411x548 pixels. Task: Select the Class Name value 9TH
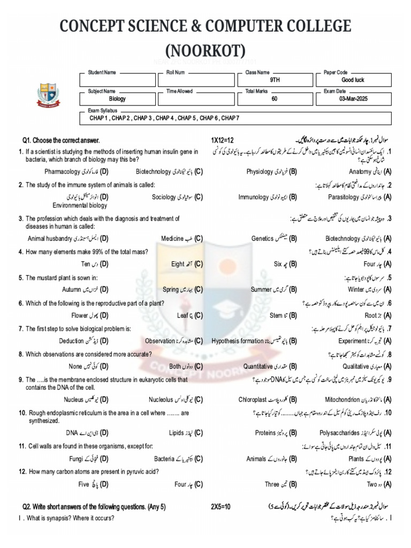[x=275, y=80]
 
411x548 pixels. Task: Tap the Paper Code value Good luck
[x=352, y=80]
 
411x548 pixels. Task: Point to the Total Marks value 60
[x=274, y=99]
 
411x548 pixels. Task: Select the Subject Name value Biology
[x=117, y=99]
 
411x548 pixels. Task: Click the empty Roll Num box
[x=196, y=80]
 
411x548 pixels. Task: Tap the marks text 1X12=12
[x=224, y=140]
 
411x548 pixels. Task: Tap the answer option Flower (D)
[x=90, y=315]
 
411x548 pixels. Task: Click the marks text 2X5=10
[x=220, y=506]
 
